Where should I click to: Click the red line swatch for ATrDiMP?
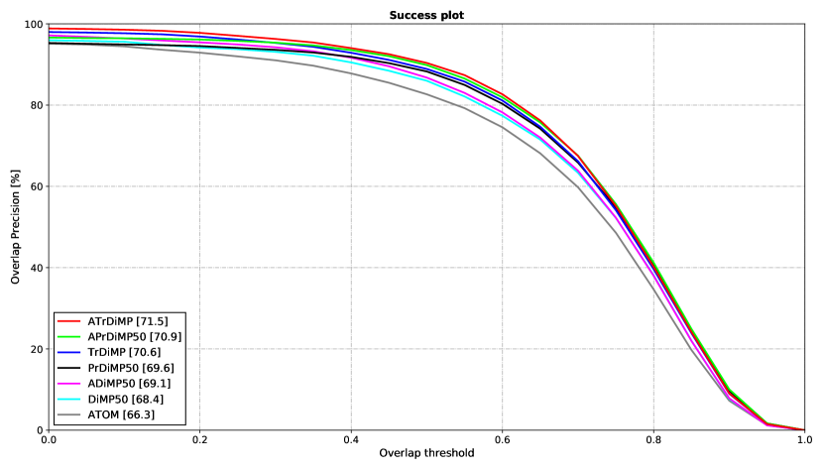[68, 321]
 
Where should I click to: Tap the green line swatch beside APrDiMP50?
[68, 337]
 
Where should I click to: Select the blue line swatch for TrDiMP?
[68, 352]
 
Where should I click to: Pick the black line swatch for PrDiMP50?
[68, 368]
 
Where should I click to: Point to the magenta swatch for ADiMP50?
[68, 383]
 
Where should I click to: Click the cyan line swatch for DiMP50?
[68, 399]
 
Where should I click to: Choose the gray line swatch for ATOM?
[68, 414]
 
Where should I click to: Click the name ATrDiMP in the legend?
[108, 321]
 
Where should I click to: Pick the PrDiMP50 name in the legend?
[113, 368]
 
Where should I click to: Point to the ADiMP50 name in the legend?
[110, 383]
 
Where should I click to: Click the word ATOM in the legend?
[103, 414]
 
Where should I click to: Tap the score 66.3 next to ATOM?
[139, 414]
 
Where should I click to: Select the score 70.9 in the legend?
[166, 337]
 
